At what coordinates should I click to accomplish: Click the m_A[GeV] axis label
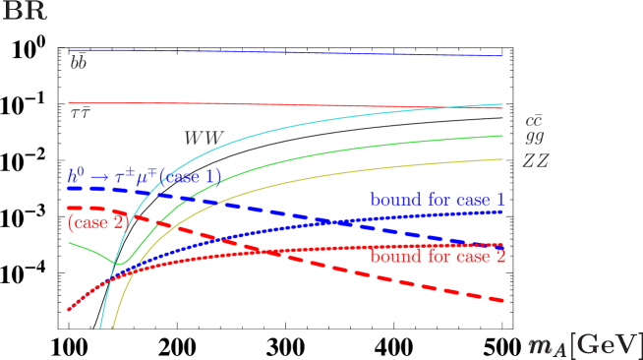(x=584, y=344)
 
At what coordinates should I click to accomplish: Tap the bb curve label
(x=78, y=63)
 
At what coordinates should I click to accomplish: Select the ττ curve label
(x=80, y=114)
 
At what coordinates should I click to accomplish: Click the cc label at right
(x=535, y=120)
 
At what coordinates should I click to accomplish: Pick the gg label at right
(x=535, y=139)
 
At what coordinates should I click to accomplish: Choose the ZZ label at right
(x=535, y=159)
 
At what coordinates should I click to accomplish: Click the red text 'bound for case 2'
(x=438, y=258)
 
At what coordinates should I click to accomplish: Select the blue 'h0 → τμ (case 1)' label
(x=144, y=177)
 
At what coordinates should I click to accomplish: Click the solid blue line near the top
(x=295, y=52)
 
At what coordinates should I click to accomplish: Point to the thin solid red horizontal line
(x=295, y=104)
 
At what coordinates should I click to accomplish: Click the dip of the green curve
(x=118, y=263)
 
